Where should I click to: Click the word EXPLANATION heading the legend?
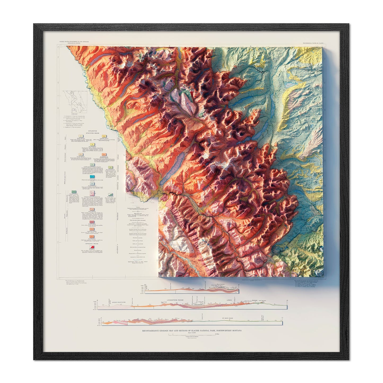92,131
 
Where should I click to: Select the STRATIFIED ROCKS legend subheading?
93,133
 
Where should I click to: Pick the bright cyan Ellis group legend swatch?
92,176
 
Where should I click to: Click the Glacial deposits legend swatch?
92,145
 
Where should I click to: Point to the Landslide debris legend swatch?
104,136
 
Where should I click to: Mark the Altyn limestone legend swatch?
92,237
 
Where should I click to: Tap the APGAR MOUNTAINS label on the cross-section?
118,302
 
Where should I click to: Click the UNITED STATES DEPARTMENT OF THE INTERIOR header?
74,42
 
